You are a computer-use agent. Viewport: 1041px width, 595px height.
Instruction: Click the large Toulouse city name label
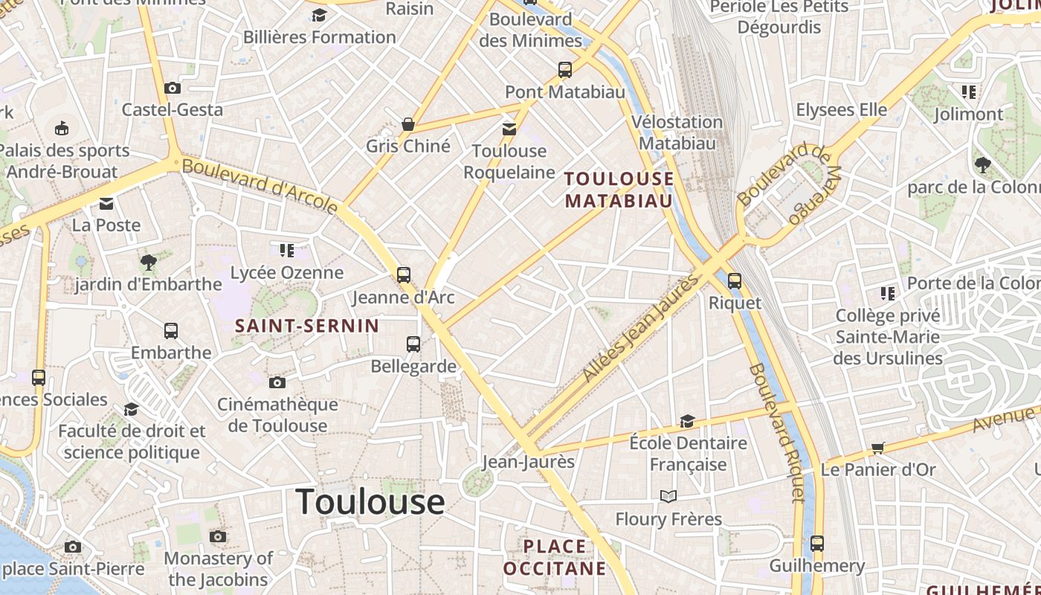point(370,502)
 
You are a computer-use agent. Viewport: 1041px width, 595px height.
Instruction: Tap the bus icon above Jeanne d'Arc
point(404,275)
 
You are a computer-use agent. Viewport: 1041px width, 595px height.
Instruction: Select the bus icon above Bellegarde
point(413,344)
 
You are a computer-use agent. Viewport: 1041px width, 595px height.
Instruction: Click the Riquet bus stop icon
point(735,280)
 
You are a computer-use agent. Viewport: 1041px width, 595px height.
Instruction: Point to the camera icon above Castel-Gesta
point(173,88)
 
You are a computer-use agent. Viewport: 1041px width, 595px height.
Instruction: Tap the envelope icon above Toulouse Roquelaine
point(509,129)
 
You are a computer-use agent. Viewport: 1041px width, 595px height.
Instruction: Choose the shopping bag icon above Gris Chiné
point(407,123)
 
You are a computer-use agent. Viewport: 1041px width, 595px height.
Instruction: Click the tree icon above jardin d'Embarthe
point(149,262)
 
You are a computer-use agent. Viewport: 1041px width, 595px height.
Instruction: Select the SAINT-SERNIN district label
point(307,326)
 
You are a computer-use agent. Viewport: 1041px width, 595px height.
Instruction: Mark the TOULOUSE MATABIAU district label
point(619,190)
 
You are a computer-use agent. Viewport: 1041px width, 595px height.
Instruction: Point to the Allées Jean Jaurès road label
point(642,328)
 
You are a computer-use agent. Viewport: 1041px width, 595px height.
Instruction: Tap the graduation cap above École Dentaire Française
point(688,421)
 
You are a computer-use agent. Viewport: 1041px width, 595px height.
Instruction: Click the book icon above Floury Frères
point(668,496)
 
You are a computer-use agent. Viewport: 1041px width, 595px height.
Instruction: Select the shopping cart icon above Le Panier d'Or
point(878,448)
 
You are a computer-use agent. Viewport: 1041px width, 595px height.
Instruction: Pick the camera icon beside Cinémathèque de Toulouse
point(277,382)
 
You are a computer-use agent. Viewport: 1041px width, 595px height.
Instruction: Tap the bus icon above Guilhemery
point(817,543)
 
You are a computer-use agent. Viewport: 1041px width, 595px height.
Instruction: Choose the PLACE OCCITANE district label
point(555,558)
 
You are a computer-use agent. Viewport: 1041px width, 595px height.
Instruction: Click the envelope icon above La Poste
point(106,203)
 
